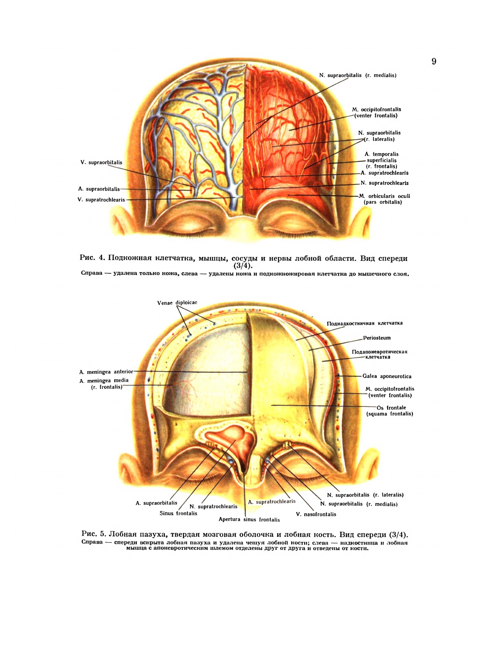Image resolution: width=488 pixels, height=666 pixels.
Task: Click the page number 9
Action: point(434,62)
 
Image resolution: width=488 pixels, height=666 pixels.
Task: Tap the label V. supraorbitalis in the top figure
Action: point(101,162)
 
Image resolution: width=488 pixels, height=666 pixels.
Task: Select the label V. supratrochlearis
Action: point(101,200)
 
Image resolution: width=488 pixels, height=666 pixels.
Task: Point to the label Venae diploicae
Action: point(177,303)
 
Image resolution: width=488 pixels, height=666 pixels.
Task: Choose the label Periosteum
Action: point(377,338)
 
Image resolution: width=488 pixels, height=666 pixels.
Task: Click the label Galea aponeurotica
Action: point(387,376)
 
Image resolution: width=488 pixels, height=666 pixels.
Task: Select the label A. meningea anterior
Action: point(106,372)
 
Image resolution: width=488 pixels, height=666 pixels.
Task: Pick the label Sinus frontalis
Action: point(178,513)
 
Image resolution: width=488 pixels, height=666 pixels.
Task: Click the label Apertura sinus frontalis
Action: point(249,520)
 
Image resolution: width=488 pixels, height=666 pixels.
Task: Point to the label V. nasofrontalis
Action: point(316,514)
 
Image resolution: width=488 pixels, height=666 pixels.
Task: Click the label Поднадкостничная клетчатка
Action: point(365,323)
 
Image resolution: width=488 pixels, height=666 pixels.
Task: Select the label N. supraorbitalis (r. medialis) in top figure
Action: point(358,75)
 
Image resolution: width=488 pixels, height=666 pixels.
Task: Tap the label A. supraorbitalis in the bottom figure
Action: point(157,503)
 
